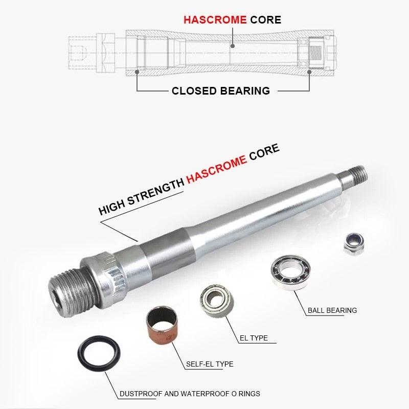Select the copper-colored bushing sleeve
162,325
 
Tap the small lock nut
354,244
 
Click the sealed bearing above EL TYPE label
217,301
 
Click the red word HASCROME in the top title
215,20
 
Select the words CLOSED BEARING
221,91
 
